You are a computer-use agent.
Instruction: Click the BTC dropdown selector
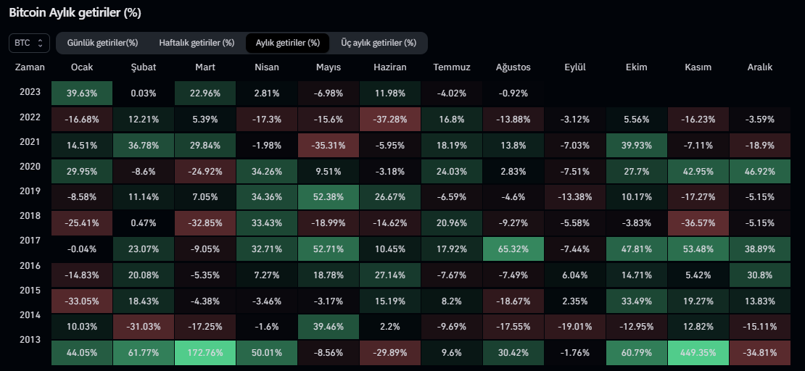click(30, 43)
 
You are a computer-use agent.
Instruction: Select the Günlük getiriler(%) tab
click(102, 43)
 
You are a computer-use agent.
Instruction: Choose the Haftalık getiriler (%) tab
click(197, 43)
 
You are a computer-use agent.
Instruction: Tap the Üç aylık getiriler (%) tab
click(379, 43)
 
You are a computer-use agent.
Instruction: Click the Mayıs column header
click(329, 67)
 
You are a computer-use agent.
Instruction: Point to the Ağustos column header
click(513, 67)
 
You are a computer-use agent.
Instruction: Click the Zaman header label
click(29, 67)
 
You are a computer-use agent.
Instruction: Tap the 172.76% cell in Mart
click(205, 353)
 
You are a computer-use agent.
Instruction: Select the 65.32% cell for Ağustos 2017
click(513, 249)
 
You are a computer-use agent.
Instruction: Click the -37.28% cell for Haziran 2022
click(389, 119)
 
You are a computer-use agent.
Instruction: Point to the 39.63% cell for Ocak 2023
click(82, 93)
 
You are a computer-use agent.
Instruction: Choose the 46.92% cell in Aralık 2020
click(759, 171)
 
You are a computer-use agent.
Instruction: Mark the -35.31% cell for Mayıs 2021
click(329, 145)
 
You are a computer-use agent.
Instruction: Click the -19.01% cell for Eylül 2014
click(574, 327)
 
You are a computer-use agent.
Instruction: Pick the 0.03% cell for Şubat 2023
click(143, 93)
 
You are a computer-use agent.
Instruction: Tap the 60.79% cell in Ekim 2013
click(636, 353)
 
